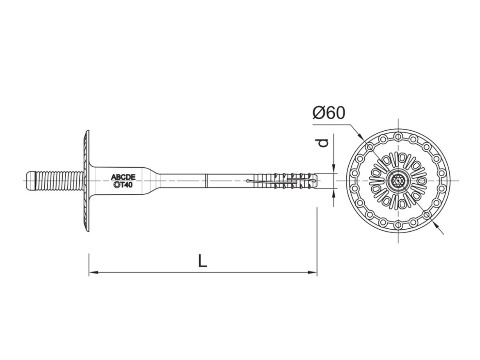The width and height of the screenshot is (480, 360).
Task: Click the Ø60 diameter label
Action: (x=329, y=113)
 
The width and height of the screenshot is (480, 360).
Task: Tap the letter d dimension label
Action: (x=324, y=142)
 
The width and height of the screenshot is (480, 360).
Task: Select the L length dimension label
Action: (x=202, y=261)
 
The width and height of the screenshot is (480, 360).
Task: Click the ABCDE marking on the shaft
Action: (x=123, y=177)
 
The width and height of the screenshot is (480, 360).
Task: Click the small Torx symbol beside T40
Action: (x=116, y=185)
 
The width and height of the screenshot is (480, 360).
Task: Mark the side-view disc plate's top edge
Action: (x=87, y=132)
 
